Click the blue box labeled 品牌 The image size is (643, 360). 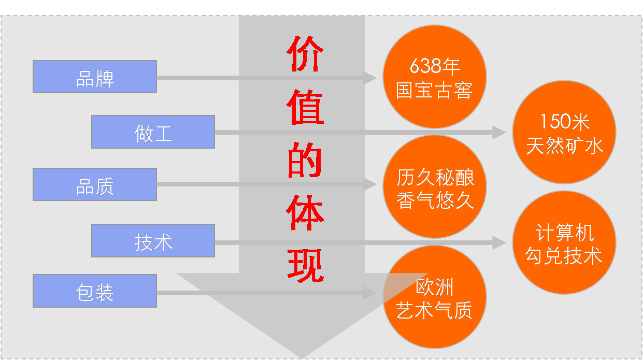(x=95, y=77)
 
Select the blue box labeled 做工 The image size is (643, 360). (x=153, y=132)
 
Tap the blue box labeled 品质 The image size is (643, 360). (x=95, y=184)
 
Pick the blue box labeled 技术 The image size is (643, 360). (x=153, y=240)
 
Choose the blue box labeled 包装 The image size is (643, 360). (x=95, y=291)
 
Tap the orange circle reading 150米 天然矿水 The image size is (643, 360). (x=564, y=132)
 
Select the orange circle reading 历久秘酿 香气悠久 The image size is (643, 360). (x=434, y=187)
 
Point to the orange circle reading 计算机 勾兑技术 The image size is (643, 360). (x=564, y=242)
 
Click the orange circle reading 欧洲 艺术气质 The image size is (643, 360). (x=434, y=297)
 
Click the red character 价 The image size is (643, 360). (x=306, y=53)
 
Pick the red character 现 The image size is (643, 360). (x=306, y=265)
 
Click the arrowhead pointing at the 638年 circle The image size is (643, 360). (x=370, y=78)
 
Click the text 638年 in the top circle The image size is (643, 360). (x=434, y=66)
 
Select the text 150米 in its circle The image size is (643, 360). (x=564, y=122)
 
